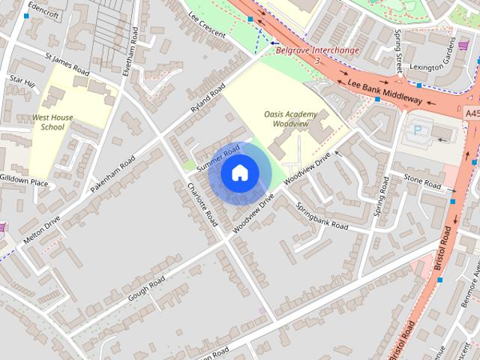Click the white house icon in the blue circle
coord(239,173)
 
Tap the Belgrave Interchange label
coord(317,51)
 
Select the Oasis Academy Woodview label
coord(291,118)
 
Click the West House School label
coord(53,123)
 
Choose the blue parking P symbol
coord(418,130)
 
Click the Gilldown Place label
coord(24,182)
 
